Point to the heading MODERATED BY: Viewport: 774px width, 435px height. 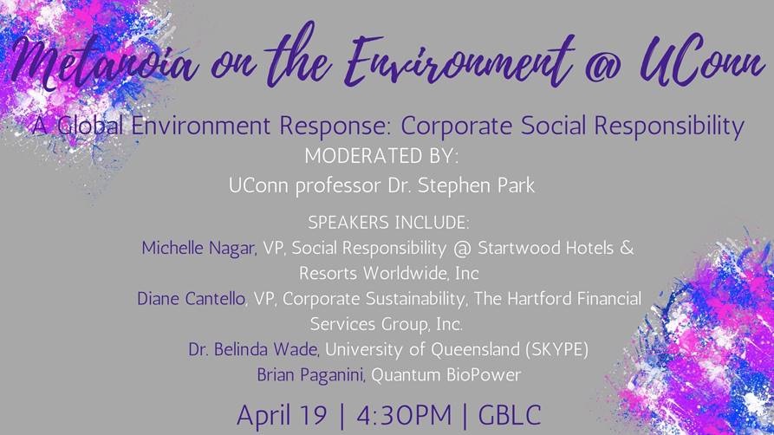[x=381, y=156]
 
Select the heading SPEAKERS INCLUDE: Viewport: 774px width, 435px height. [x=388, y=223]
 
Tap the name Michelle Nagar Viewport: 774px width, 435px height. [x=198, y=248]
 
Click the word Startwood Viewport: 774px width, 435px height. [x=518, y=247]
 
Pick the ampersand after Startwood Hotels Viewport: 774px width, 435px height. [x=627, y=247]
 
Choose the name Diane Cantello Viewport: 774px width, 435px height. [x=191, y=299]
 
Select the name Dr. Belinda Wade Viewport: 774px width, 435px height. [x=254, y=349]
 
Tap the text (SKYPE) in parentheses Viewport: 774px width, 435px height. [x=557, y=349]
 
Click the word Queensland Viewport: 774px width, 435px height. [x=475, y=349]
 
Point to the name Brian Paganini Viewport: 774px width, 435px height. [x=310, y=375]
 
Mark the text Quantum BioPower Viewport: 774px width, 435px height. [x=446, y=374]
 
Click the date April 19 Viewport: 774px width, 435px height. [x=282, y=415]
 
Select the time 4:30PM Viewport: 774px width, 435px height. [x=404, y=415]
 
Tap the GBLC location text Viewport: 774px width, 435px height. [x=510, y=415]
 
